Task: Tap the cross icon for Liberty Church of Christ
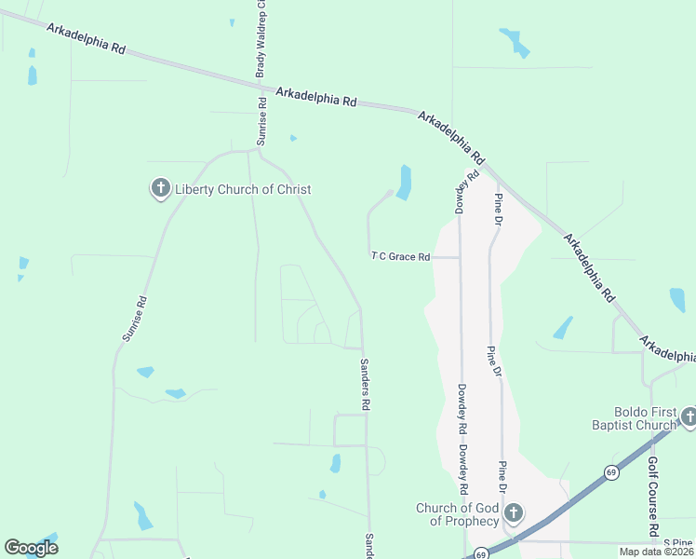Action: (x=160, y=189)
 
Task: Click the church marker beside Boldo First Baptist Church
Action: (x=689, y=417)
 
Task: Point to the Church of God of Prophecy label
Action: (x=457, y=514)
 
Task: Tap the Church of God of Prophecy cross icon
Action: (x=513, y=513)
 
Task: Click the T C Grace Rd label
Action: (x=401, y=256)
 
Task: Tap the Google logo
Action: (x=31, y=547)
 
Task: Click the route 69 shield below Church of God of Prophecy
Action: (x=480, y=553)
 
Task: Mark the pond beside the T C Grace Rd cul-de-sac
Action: (x=404, y=182)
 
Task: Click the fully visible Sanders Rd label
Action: (x=366, y=384)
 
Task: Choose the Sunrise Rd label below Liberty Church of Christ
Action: (x=135, y=318)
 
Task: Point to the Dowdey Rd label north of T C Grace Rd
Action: (x=466, y=190)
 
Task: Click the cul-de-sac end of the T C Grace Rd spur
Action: (x=388, y=193)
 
